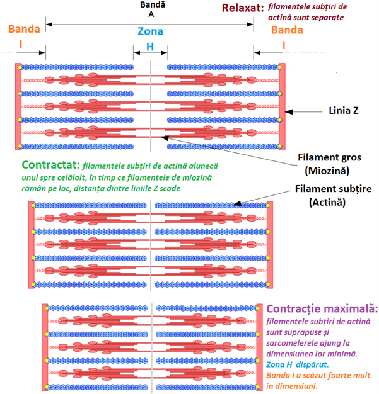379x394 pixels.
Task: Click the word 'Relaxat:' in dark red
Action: tap(242, 8)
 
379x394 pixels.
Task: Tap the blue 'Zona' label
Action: tap(150, 31)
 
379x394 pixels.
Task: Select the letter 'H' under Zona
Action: tap(150, 47)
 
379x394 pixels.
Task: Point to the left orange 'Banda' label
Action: tap(25, 30)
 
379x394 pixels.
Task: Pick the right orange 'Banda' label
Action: tap(286, 30)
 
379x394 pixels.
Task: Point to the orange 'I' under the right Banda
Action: tap(283, 45)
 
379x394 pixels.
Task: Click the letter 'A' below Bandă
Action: tap(150, 14)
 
